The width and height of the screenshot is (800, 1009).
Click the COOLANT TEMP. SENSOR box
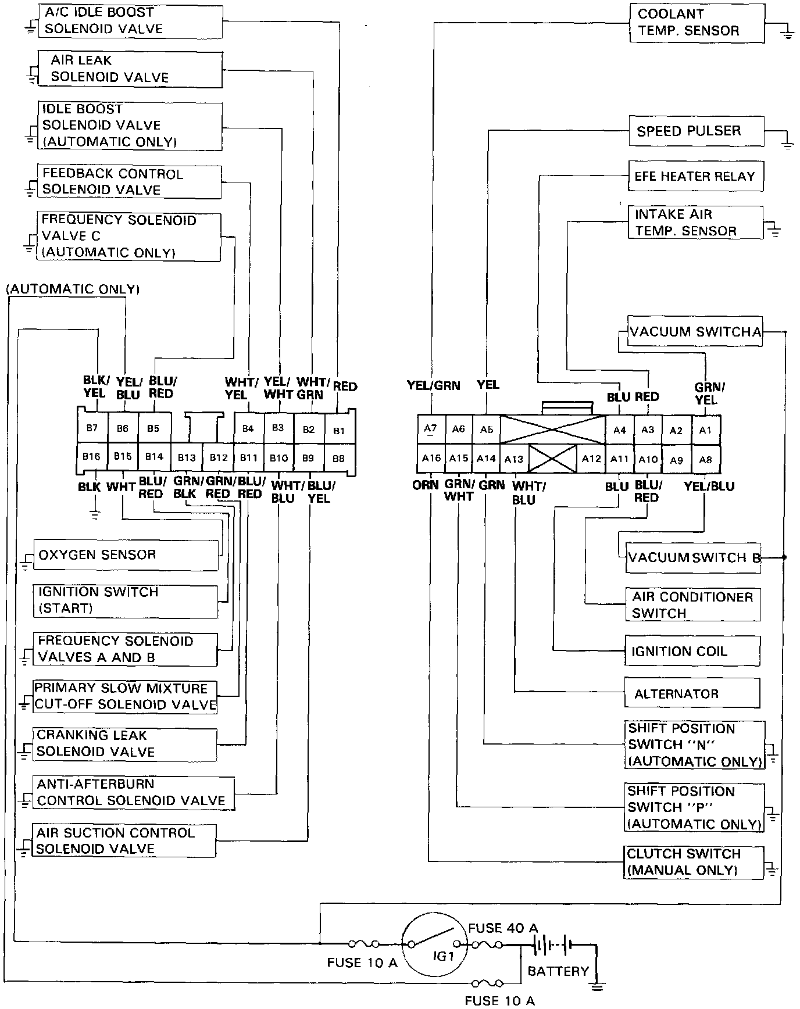(x=697, y=23)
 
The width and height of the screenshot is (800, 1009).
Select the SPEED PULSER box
(x=696, y=131)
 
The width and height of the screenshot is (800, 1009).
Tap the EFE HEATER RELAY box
(x=695, y=176)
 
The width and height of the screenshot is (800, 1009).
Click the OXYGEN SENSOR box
(x=126, y=555)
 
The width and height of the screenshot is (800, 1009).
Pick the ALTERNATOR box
(x=692, y=693)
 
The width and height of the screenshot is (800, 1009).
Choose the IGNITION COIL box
(x=692, y=651)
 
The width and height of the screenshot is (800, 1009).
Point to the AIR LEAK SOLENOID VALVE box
(x=130, y=69)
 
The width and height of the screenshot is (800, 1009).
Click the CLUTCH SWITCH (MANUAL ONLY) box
(x=694, y=862)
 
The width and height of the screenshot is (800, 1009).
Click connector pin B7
(x=92, y=428)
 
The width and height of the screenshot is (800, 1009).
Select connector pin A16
(x=431, y=458)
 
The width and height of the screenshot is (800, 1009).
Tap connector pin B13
(x=187, y=458)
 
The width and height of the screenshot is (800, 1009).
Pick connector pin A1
(x=705, y=430)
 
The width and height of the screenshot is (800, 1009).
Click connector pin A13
(x=514, y=459)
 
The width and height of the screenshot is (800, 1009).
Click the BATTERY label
(x=558, y=971)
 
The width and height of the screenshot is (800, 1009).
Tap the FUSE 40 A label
(x=503, y=928)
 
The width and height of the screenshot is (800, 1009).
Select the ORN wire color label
(x=426, y=485)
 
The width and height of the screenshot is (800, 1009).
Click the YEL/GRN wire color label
(x=433, y=385)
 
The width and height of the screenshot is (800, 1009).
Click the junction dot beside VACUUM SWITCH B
(x=784, y=557)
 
